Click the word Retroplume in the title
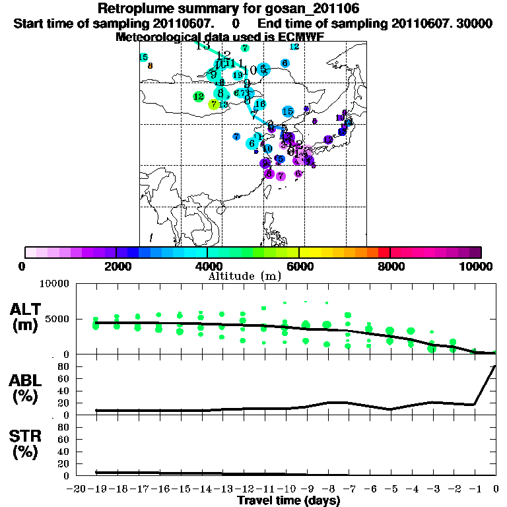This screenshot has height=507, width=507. point(136,9)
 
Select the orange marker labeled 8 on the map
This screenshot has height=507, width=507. point(151,65)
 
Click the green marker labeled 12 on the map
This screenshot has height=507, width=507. point(198,96)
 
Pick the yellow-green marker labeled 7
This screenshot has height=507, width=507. point(213,104)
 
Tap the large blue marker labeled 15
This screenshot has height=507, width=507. point(288,112)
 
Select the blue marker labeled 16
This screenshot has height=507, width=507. point(259,104)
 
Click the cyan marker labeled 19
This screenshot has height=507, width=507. point(238,75)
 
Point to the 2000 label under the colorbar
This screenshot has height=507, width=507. point(116,266)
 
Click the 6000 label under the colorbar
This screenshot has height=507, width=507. point(299,266)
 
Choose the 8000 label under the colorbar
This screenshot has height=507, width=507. point(390,266)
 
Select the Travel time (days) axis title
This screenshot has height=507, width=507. point(288,501)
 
